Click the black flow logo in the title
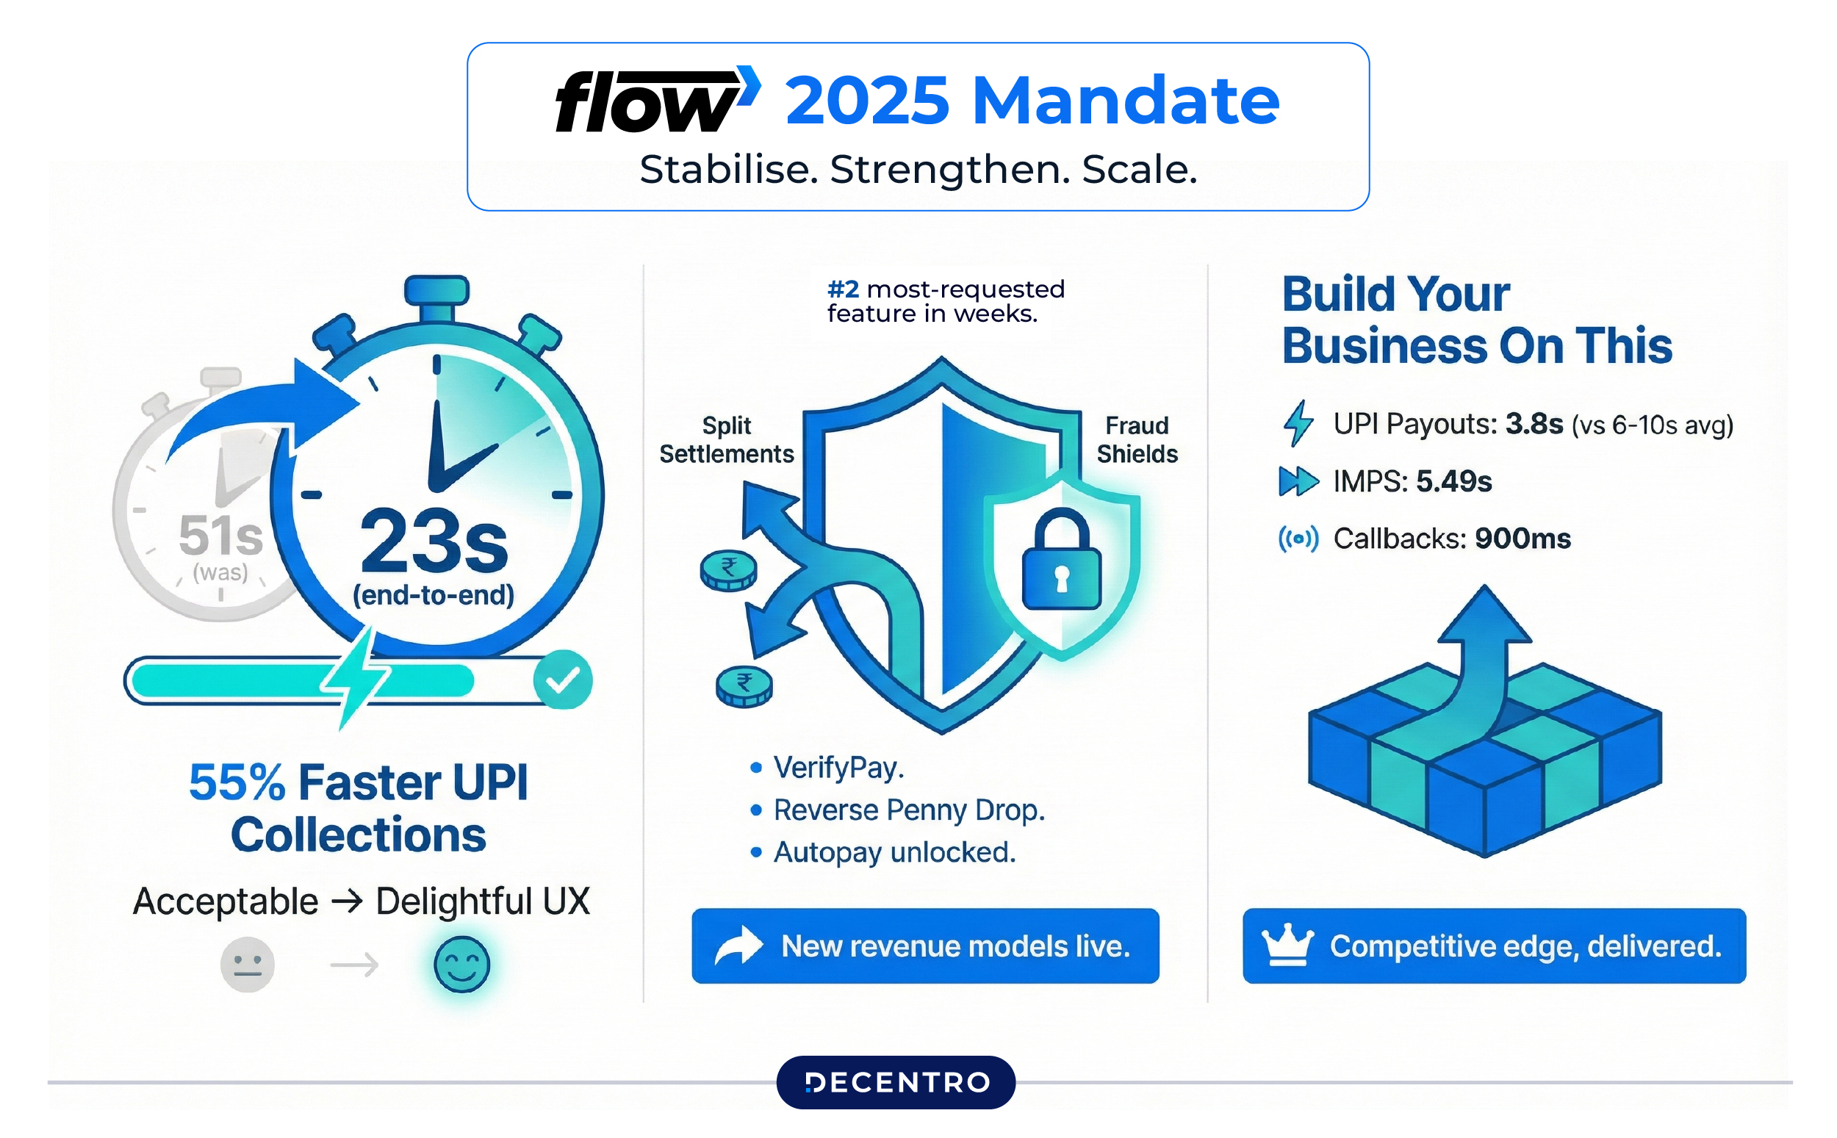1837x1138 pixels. point(647,101)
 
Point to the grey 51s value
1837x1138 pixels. point(220,536)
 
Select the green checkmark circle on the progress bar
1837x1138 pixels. point(562,680)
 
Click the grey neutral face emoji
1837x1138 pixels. point(247,964)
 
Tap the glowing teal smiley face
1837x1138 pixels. point(461,964)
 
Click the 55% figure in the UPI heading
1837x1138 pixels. point(237,782)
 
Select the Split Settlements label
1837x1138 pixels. point(726,439)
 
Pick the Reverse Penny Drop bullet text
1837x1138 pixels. point(909,810)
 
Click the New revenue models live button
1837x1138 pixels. point(925,946)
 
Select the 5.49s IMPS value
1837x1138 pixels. point(1453,482)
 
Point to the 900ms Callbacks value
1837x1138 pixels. point(1523,539)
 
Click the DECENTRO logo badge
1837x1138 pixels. point(896,1082)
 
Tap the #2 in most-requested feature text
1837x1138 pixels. point(843,289)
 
